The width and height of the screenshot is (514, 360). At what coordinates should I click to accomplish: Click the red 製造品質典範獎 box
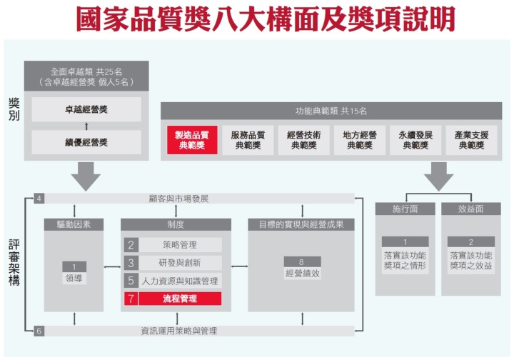click(x=192, y=140)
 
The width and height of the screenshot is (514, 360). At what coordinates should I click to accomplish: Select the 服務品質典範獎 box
click(x=248, y=140)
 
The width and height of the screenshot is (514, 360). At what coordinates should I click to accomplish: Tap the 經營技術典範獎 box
click(x=304, y=140)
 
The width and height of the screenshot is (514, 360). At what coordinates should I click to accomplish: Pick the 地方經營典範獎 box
click(x=360, y=140)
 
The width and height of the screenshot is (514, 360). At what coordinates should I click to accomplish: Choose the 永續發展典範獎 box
click(x=415, y=140)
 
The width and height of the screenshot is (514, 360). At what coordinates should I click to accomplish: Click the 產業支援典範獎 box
click(x=471, y=140)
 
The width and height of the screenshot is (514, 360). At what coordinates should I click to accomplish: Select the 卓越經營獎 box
click(x=86, y=109)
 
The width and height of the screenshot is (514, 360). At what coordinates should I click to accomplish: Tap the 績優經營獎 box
click(x=86, y=142)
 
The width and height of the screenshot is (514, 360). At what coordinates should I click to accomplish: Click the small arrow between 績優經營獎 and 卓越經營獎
click(x=86, y=126)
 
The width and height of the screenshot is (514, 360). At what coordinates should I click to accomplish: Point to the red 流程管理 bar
click(x=180, y=299)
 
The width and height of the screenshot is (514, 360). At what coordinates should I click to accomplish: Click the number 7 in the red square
click(x=131, y=299)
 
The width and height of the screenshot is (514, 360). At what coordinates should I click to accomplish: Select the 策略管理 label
click(x=180, y=245)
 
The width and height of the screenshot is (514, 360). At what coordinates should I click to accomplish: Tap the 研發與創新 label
click(x=180, y=263)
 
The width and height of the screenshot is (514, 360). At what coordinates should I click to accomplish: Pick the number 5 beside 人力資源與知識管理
click(x=131, y=281)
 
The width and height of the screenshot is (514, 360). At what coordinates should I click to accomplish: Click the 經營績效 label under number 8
click(x=302, y=274)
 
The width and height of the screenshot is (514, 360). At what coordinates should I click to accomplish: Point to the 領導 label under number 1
click(x=74, y=278)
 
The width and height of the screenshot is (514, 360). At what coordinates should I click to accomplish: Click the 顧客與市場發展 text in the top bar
click(x=178, y=199)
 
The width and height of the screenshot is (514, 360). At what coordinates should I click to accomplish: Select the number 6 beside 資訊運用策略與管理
click(x=39, y=331)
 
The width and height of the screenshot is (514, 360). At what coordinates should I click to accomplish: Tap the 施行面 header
click(x=405, y=209)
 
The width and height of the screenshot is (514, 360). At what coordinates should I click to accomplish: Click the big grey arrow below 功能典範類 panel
click(x=438, y=176)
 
